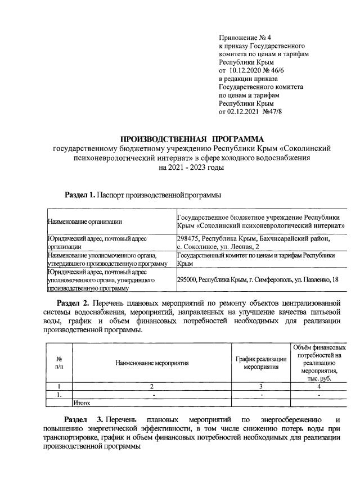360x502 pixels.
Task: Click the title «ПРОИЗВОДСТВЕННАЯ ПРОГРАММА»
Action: click(192, 138)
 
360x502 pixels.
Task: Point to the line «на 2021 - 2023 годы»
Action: click(192, 167)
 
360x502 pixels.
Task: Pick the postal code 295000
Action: click(189, 279)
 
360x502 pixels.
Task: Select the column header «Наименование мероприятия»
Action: click(152, 363)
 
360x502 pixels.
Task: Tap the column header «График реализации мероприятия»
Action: click(261, 363)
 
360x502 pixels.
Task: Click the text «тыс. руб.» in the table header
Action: click(318, 379)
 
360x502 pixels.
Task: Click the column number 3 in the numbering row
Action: click(261, 386)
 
